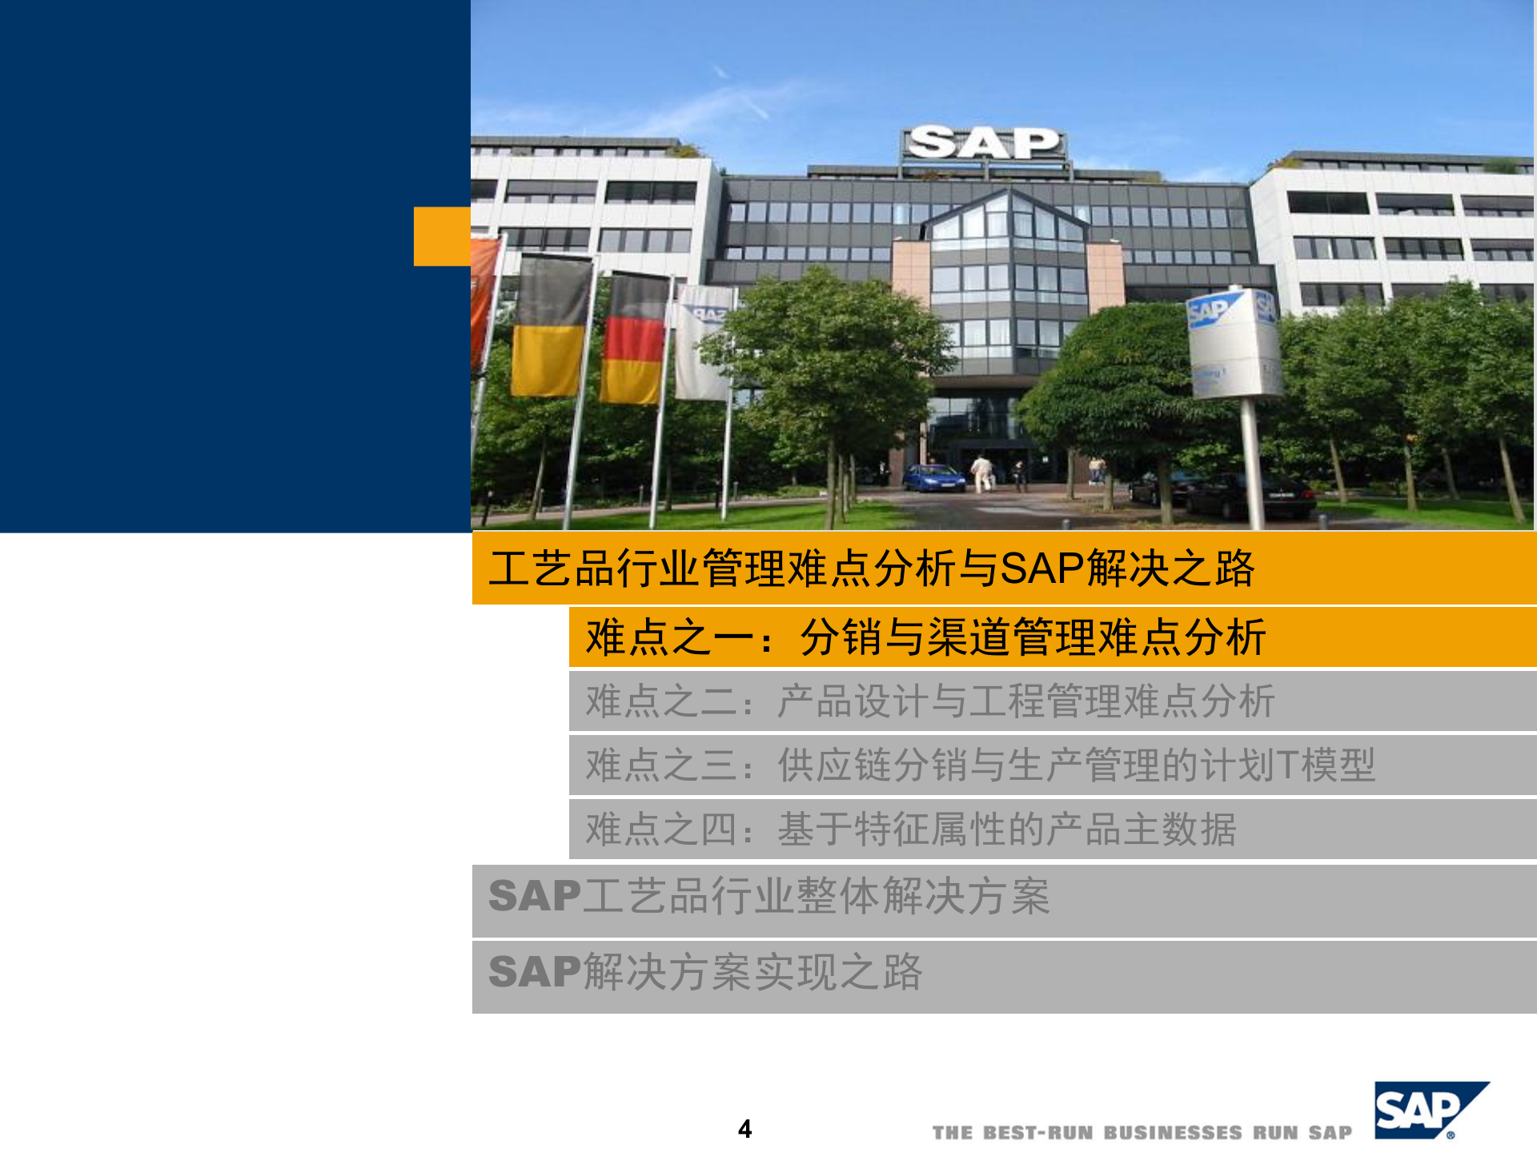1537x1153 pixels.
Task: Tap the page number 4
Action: point(744,1129)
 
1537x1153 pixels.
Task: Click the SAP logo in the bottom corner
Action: point(1430,1110)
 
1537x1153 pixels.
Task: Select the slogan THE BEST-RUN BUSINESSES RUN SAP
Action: point(1142,1132)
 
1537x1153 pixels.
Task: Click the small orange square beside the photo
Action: point(442,236)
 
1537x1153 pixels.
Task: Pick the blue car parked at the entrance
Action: point(934,478)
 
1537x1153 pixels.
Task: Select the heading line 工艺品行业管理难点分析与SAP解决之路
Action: point(871,568)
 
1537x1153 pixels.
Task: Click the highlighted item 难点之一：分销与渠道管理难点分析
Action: point(925,637)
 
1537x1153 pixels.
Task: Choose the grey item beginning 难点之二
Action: point(929,701)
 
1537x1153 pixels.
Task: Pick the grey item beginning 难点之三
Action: point(980,765)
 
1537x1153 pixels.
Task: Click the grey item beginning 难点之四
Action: point(910,829)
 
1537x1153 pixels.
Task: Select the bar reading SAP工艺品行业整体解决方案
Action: point(768,896)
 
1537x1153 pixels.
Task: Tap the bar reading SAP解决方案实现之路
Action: point(704,972)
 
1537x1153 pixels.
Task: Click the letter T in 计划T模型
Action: point(1288,765)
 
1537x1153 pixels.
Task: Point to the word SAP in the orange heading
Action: point(1041,568)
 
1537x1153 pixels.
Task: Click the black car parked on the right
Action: point(1249,496)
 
